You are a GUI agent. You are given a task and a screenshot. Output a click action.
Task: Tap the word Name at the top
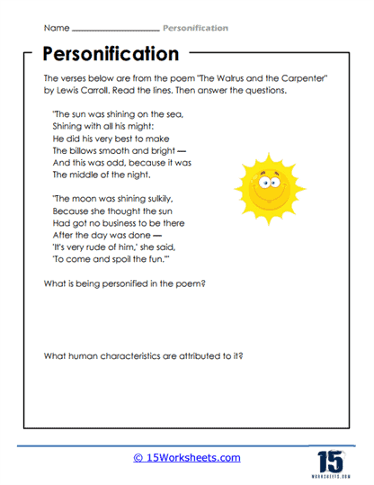(46, 28)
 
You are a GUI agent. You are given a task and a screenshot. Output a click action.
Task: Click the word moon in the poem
(81, 197)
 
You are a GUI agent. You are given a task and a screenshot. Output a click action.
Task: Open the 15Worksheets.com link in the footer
(186, 458)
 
